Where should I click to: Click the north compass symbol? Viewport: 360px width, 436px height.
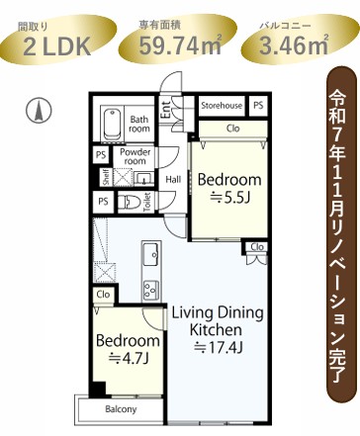tap(39, 111)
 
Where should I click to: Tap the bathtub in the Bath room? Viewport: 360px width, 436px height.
tap(112, 125)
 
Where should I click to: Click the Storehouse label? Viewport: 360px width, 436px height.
tap(222, 106)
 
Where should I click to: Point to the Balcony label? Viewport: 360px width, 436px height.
tap(121, 409)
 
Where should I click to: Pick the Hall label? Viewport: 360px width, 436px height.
tap(173, 180)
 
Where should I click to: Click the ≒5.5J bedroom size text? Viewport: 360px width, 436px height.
tap(229, 198)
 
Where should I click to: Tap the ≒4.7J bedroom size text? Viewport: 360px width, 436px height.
tap(129, 358)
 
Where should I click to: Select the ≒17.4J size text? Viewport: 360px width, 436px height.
tap(219, 347)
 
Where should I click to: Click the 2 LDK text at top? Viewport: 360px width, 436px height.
tap(57, 46)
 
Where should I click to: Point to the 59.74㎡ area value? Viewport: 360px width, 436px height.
tap(180, 45)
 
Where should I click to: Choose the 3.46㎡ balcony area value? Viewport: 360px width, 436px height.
tap(294, 45)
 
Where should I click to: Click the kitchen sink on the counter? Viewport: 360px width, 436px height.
tap(151, 253)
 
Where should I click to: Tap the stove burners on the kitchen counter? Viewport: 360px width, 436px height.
tap(151, 289)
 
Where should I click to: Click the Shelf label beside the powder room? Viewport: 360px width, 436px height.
tap(106, 177)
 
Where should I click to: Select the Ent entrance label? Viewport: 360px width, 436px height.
tap(166, 110)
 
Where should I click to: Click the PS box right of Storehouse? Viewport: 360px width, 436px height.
tap(258, 105)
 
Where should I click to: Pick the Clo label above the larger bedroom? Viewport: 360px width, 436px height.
tap(233, 129)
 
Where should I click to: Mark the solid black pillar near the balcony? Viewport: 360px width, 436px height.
tap(98, 389)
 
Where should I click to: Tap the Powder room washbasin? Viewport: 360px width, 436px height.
tap(143, 178)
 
